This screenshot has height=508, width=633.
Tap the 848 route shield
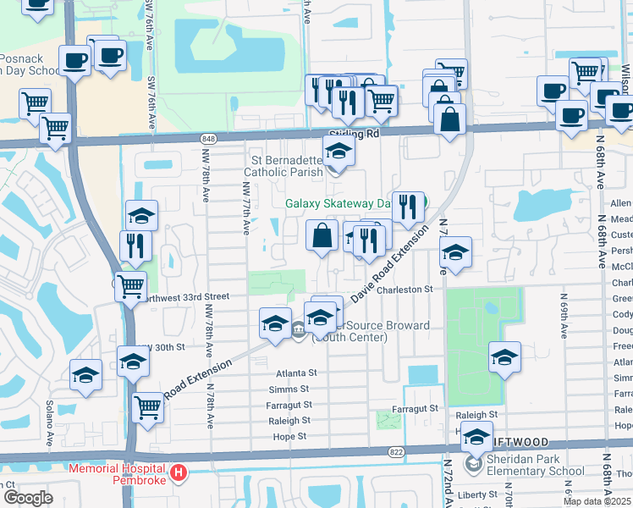[208, 138]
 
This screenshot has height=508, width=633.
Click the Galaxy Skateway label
[336, 203]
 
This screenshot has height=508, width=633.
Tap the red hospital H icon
[178, 472]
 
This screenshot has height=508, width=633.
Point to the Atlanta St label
[295, 373]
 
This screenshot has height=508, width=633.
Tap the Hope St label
[289, 437]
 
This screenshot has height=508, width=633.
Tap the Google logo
[28, 498]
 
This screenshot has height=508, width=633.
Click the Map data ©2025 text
[597, 501]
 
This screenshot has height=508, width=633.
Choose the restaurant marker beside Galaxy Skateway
[408, 207]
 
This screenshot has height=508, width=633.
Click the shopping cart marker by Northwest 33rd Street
[131, 286]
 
